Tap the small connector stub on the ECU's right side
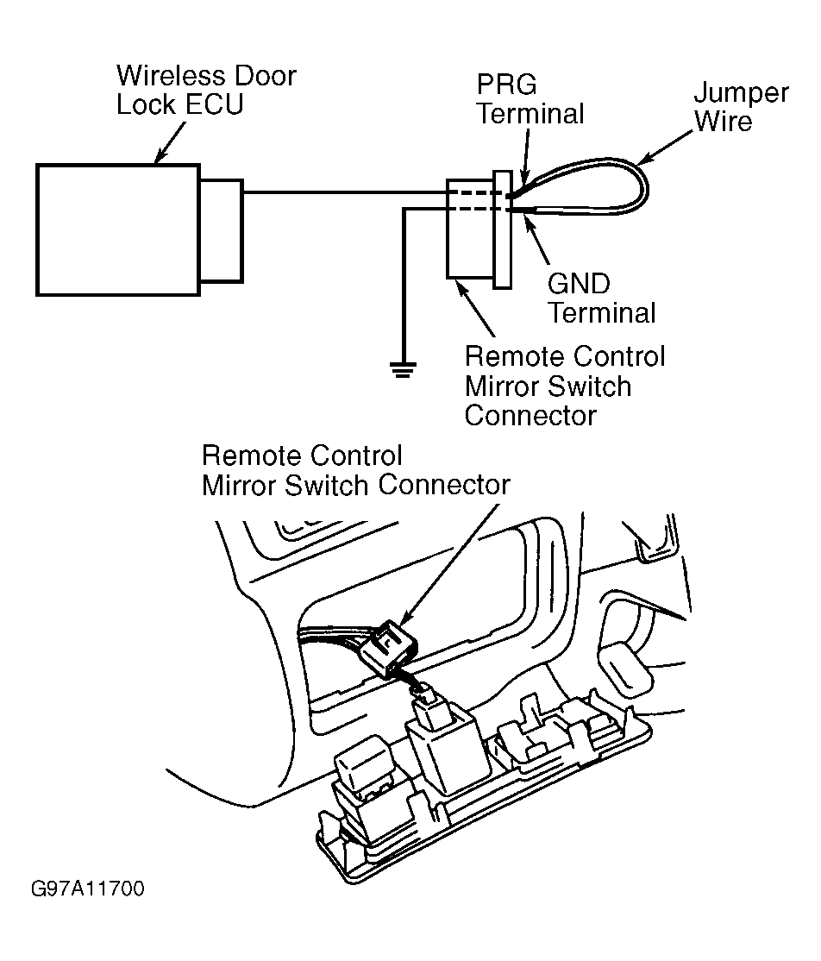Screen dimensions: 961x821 pyautogui.click(x=222, y=229)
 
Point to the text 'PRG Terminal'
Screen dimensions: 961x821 pyautogui.click(x=530, y=99)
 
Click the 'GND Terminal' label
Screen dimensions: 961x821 pyautogui.click(x=601, y=298)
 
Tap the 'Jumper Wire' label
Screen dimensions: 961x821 pyautogui.click(x=740, y=106)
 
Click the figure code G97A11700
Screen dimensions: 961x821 pyautogui.click(x=86, y=889)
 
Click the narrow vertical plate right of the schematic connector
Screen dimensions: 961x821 pyautogui.click(x=502, y=229)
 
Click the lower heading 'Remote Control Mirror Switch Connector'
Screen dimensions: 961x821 pyautogui.click(x=355, y=470)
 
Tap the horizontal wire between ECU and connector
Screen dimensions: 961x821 pyautogui.click(x=345, y=192)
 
